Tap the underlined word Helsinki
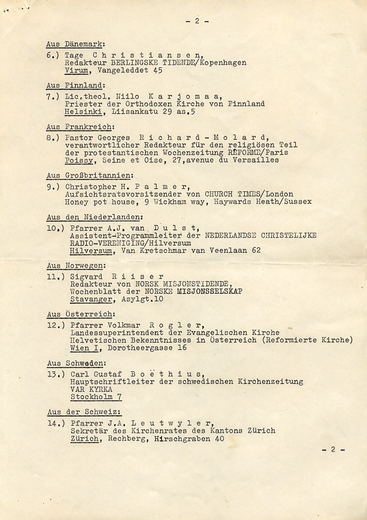[x=83, y=112]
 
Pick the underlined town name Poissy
[x=79, y=161]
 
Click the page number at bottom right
[x=333, y=450]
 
